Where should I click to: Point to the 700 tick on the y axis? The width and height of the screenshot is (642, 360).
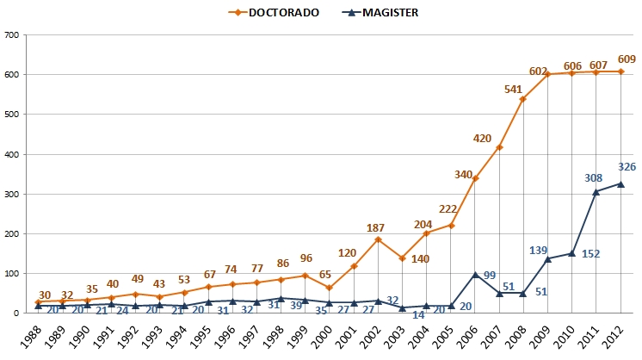pyautogui.click(x=13, y=35)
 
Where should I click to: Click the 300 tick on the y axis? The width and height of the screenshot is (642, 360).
pyautogui.click(x=13, y=194)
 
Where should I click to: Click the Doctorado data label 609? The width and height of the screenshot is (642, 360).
pyautogui.click(x=626, y=59)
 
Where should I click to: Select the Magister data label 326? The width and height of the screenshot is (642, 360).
pyautogui.click(x=626, y=166)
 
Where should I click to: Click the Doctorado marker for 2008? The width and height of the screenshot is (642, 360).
pyautogui.click(x=523, y=99)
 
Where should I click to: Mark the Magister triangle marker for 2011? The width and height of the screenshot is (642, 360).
pyautogui.click(x=596, y=191)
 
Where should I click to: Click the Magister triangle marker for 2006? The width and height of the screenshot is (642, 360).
pyautogui.click(x=475, y=274)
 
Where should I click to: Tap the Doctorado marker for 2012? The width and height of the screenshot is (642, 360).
pyautogui.click(x=620, y=71)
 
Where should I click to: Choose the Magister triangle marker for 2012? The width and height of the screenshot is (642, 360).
pyautogui.click(x=620, y=183)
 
